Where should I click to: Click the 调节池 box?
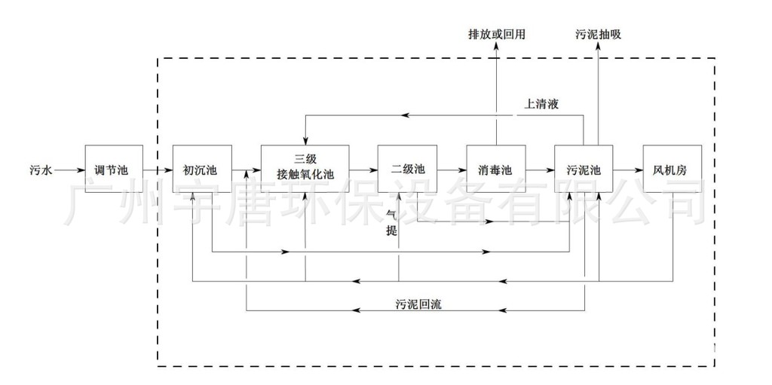(114, 170)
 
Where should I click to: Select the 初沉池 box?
(201, 170)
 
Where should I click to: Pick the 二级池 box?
(407, 170)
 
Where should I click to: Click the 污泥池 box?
(584, 170)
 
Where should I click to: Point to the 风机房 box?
(672, 170)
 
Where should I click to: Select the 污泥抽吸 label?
(598, 34)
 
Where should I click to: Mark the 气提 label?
(391, 224)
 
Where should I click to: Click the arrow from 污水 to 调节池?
(69, 171)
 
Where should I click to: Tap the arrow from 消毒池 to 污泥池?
(540, 171)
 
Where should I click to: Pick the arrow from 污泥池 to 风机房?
(627, 171)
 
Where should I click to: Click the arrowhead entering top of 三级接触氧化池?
(305, 140)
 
